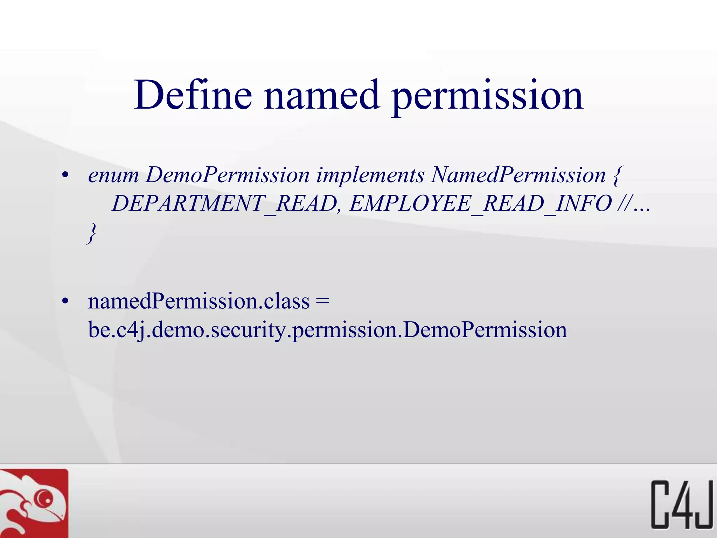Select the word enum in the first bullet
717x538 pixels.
click(113, 175)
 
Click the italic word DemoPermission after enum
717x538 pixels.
click(228, 175)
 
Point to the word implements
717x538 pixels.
click(370, 175)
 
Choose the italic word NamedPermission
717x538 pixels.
click(518, 175)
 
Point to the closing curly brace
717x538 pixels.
click(92, 233)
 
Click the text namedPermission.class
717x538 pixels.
click(199, 301)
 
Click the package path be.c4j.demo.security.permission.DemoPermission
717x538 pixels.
click(327, 330)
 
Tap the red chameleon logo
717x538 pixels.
click(34, 504)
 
